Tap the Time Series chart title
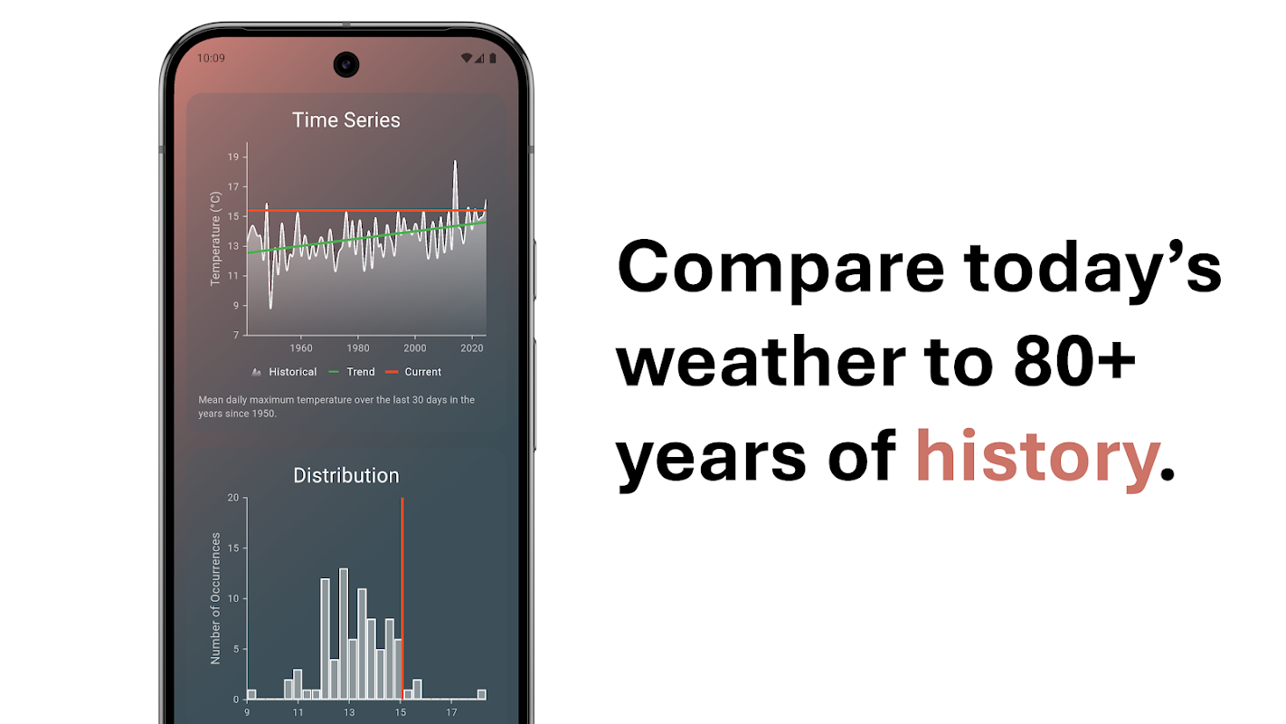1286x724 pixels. click(346, 120)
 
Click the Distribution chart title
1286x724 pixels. click(346, 475)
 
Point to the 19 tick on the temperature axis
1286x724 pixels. click(233, 157)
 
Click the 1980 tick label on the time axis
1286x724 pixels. click(358, 348)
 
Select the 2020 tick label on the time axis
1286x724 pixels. click(472, 348)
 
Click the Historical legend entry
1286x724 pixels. click(284, 372)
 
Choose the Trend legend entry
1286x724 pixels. click(352, 372)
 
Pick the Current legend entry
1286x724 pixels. click(413, 372)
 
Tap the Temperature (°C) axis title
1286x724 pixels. click(215, 238)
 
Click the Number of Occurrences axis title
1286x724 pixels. click(215, 599)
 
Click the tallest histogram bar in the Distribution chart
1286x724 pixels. click(344, 633)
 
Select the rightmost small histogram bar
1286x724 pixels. click(482, 695)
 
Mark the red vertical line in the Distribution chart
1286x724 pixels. click(402, 598)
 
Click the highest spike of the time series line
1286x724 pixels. click(455, 162)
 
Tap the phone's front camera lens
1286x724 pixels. click(346, 64)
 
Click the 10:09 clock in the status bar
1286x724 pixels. click(211, 58)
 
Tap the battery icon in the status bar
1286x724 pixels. click(493, 58)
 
